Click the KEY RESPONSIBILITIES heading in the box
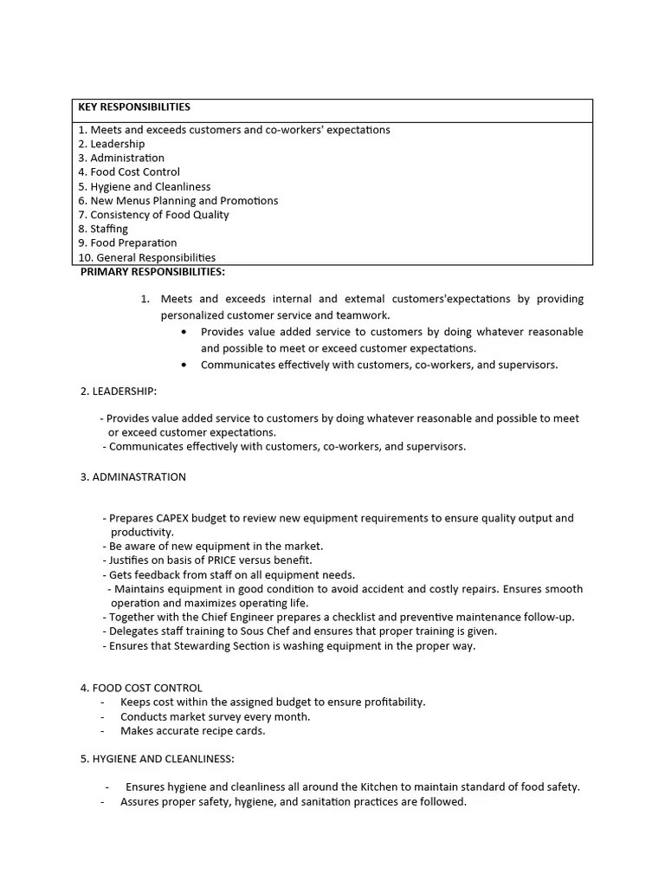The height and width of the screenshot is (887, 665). (x=134, y=107)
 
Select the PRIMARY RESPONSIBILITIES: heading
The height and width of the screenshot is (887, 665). (x=152, y=272)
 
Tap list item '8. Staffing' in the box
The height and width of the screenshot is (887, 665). (x=103, y=229)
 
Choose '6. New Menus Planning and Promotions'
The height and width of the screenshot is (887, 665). (x=178, y=200)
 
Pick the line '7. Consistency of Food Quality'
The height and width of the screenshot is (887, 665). (x=153, y=215)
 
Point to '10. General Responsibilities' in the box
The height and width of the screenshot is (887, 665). (x=146, y=257)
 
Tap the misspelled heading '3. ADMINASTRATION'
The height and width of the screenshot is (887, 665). (x=132, y=477)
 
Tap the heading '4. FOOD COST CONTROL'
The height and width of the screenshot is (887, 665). (x=141, y=688)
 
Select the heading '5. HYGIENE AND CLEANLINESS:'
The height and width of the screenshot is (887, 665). (x=157, y=759)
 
